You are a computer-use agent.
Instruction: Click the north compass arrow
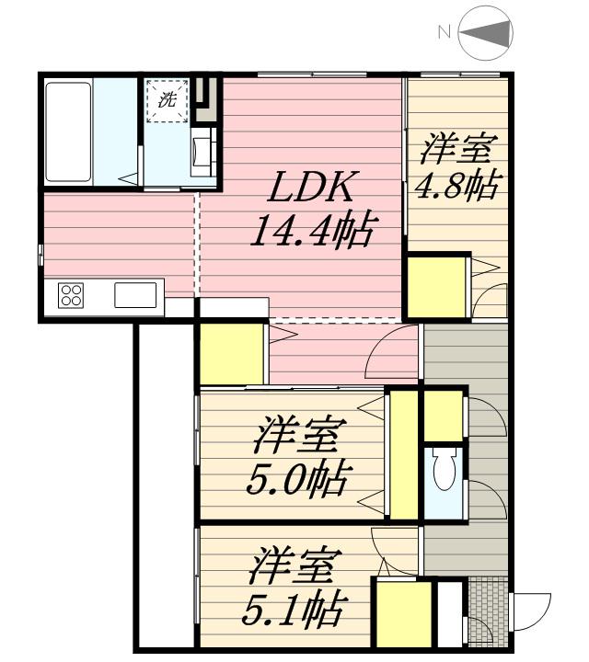[x=486, y=34]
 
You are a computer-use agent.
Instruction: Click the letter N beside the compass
[x=444, y=33]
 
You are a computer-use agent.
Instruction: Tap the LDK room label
[x=310, y=188]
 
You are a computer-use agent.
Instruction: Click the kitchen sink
[x=135, y=295]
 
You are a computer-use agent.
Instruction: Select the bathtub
[x=67, y=131]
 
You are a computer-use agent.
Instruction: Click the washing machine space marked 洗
[x=167, y=101]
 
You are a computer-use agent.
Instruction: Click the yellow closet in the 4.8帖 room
[x=437, y=286]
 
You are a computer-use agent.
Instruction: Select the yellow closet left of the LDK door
[x=232, y=354]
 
